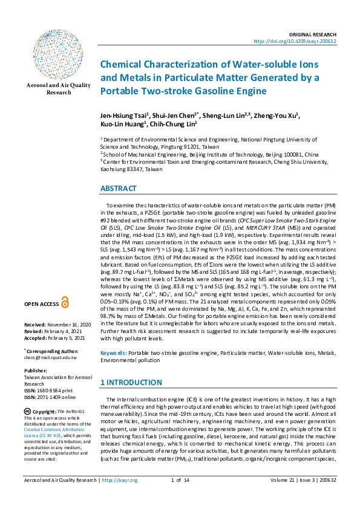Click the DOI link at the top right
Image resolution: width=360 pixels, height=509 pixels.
[303, 42]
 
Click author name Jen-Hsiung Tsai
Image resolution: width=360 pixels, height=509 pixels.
[124, 116]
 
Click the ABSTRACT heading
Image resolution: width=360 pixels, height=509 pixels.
[119, 189]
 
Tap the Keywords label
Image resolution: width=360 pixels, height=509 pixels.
[113, 352]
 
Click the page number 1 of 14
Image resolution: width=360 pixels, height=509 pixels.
[180, 497]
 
